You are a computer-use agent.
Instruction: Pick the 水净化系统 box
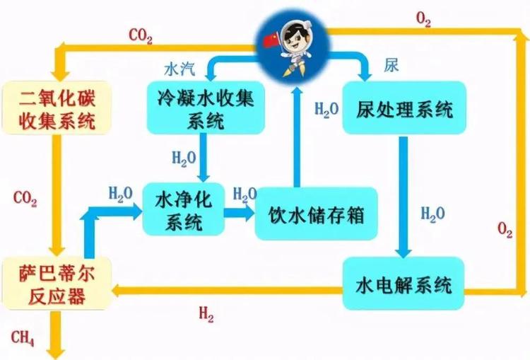click(183, 210)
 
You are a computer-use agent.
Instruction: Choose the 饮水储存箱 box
click(317, 213)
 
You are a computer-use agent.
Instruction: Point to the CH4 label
click(23, 336)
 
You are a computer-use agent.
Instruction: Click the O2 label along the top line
click(423, 21)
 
